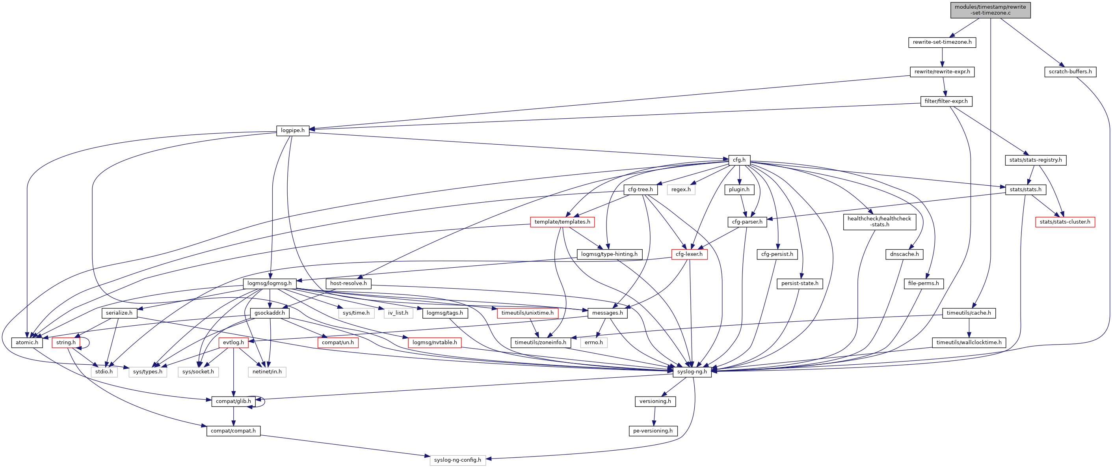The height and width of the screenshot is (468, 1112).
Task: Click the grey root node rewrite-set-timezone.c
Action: coord(990,10)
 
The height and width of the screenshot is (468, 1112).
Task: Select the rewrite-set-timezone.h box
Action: coord(942,42)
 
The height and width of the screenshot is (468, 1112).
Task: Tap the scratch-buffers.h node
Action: coord(1070,72)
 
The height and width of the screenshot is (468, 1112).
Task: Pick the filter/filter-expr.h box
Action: coord(946,101)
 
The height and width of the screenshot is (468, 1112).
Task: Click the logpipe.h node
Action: coord(292,131)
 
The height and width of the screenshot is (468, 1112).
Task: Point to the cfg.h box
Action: coord(738,160)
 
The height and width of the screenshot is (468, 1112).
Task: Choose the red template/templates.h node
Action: coord(562,222)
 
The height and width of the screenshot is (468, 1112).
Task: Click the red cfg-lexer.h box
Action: coord(689,254)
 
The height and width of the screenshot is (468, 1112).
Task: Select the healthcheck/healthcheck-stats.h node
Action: coord(879,222)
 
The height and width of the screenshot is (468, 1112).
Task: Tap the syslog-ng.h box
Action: coord(692,372)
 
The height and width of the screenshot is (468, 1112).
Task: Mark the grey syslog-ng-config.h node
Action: coord(457,460)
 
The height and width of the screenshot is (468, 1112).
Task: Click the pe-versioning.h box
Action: coord(652,431)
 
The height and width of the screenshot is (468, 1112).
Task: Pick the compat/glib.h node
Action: coord(233,401)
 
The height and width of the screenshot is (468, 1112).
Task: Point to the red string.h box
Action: coord(66,343)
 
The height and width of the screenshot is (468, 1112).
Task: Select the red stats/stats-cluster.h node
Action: coord(1064,222)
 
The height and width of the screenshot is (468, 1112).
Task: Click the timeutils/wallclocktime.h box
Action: coord(969,343)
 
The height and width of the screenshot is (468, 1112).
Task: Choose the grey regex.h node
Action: coord(681,190)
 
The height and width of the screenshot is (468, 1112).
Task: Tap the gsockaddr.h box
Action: coord(270,313)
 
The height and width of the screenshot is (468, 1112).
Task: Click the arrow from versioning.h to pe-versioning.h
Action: coord(655,416)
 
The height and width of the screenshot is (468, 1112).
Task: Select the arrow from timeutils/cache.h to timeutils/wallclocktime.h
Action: coord(969,328)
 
